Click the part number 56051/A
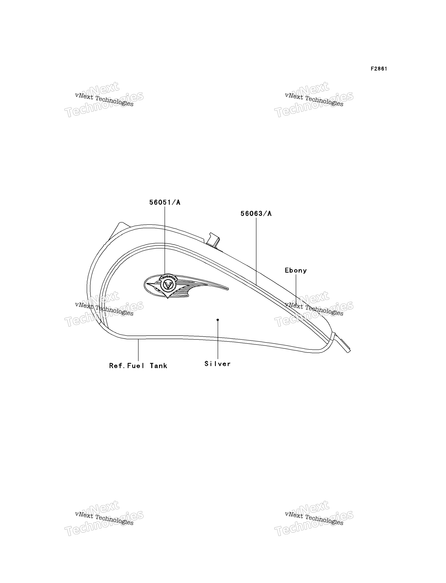(165, 203)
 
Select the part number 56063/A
(256, 214)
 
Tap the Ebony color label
(296, 270)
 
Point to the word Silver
(218, 364)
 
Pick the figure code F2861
(379, 69)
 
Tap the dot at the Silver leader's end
(218, 320)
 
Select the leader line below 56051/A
(165, 240)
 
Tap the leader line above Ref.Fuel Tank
(138, 350)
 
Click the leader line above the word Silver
(218, 340)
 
